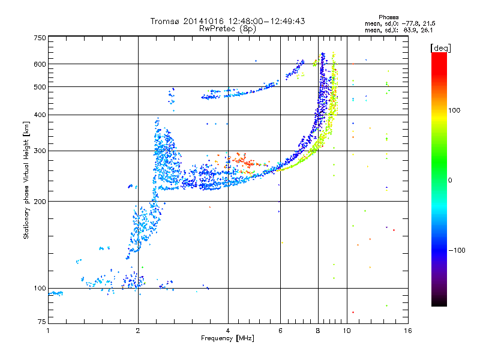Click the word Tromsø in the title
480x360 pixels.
166,21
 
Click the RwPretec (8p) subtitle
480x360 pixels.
228,28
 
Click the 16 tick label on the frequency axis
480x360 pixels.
407,331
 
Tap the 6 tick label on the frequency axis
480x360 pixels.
280,331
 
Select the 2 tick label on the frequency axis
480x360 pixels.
138,331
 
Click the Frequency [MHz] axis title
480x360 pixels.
228,338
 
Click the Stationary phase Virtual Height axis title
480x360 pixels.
26,180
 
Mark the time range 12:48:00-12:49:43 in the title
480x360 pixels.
255,21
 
